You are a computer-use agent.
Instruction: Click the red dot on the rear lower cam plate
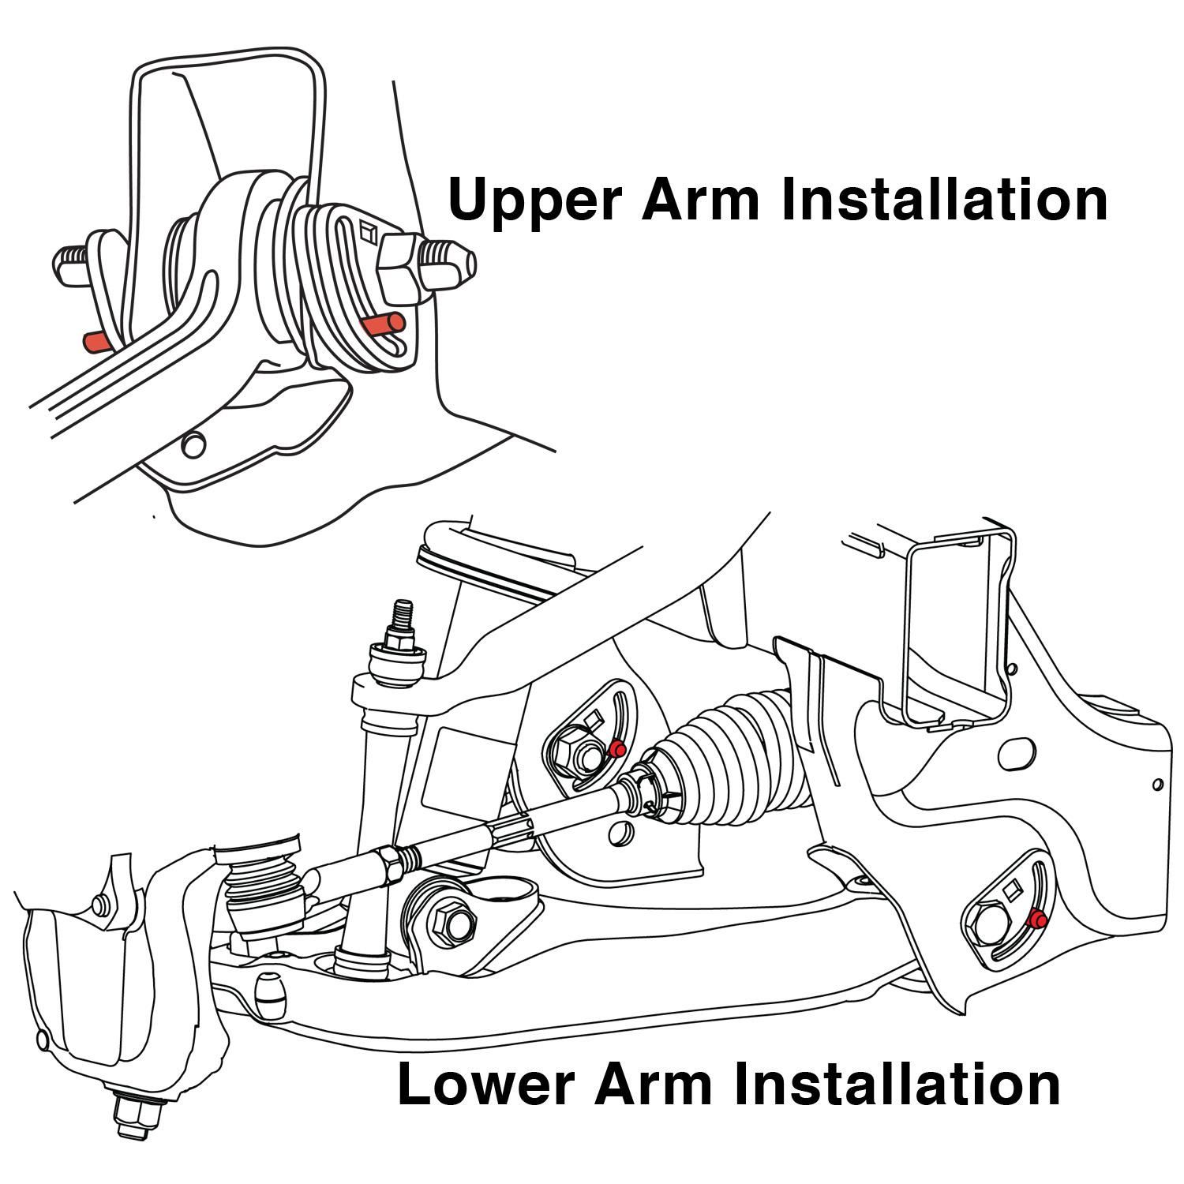[1039, 919]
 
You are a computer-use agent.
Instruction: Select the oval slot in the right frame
[1017, 755]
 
